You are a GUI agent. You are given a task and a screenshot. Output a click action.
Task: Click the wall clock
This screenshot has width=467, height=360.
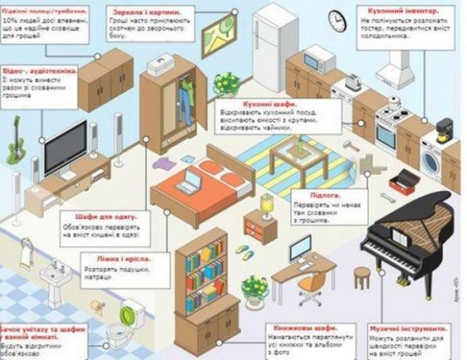[x=337, y=20]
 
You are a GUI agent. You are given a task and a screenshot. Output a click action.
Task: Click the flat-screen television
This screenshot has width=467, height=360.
[x=66, y=148]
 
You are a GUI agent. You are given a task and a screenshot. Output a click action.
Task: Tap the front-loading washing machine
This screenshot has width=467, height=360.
[x=432, y=158]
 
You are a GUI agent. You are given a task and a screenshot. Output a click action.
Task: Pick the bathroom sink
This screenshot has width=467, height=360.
[x=55, y=273]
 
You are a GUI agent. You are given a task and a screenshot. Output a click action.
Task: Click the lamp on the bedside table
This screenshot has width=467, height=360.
[x=267, y=204]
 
